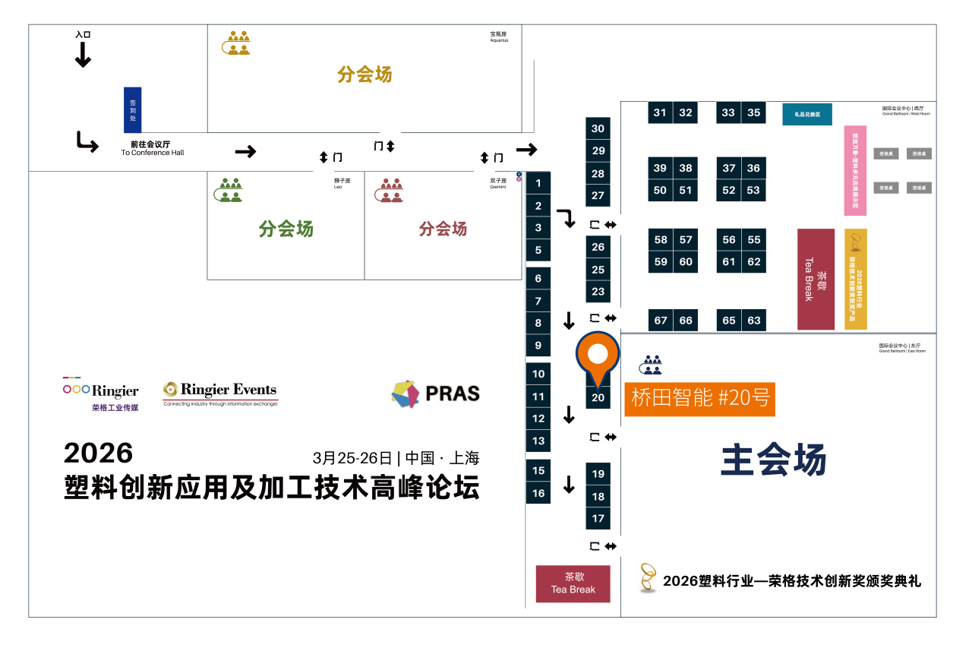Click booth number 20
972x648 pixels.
(598, 397)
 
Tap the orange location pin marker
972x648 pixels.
(598, 357)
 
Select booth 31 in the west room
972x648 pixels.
(660, 112)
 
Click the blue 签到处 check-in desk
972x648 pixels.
(132, 109)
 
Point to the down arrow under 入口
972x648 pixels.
(83, 55)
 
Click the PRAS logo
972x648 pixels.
(436, 394)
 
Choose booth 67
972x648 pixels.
(661, 320)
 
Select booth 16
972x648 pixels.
(538, 493)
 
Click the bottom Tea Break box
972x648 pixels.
(573, 583)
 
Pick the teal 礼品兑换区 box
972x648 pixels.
(807, 114)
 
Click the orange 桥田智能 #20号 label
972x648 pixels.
(699, 398)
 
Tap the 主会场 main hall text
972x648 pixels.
(773, 460)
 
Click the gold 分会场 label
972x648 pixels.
(364, 74)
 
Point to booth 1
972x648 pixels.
(538, 183)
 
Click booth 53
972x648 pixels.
(753, 190)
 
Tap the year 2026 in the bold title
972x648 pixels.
(98, 453)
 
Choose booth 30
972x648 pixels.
(598, 128)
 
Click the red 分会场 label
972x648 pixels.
(443, 229)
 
